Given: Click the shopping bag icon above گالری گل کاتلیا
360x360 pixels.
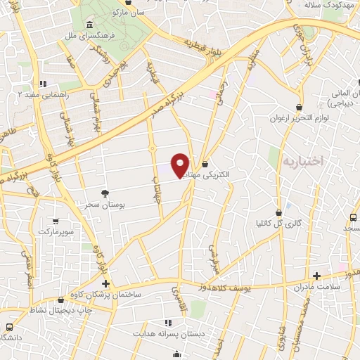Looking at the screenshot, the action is tap(279, 211).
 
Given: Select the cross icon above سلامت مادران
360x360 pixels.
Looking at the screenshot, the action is tap(317, 275).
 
